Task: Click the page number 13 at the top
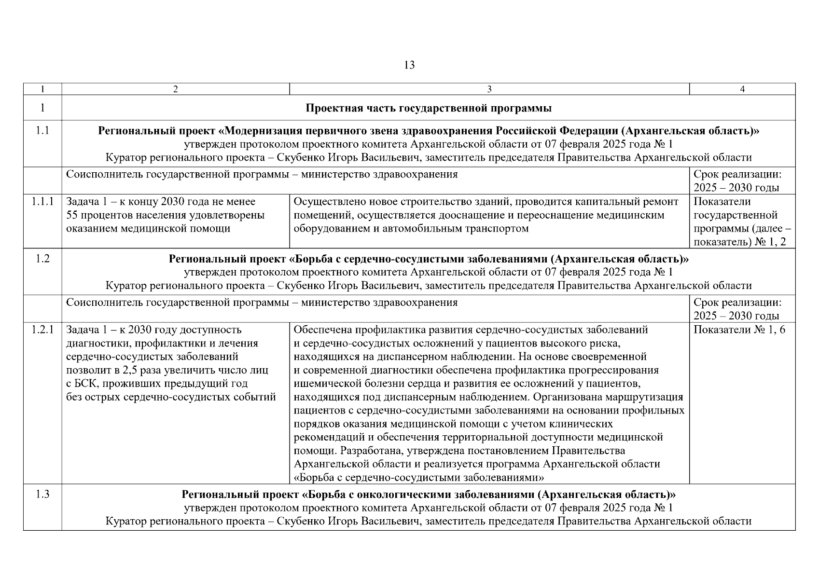tap(409, 65)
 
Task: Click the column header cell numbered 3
tap(489, 89)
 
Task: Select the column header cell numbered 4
tap(742, 89)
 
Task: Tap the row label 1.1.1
tap(42, 202)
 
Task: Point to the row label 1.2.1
tap(42, 330)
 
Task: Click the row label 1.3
tap(42, 495)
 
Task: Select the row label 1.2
tap(42, 259)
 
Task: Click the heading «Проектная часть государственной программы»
tap(429, 108)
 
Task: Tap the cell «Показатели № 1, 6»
tap(739, 330)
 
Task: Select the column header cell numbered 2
tap(175, 89)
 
